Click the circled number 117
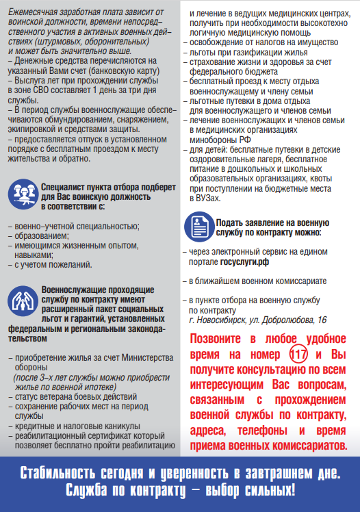coord(298,355)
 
